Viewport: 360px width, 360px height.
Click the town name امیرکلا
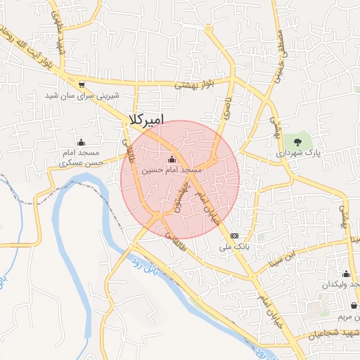click(x=146, y=120)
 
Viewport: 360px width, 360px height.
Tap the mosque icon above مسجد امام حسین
click(x=172, y=160)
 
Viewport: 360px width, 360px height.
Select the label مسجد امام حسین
click(x=172, y=170)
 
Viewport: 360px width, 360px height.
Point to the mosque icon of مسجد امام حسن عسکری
click(x=80, y=143)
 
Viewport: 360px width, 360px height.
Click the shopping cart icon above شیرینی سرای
click(x=82, y=83)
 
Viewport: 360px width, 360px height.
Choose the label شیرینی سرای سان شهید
click(x=82, y=95)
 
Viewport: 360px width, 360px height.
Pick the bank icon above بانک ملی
click(x=234, y=236)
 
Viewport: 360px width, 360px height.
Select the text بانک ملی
click(x=234, y=247)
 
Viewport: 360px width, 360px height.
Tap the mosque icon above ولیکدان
click(x=345, y=274)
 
